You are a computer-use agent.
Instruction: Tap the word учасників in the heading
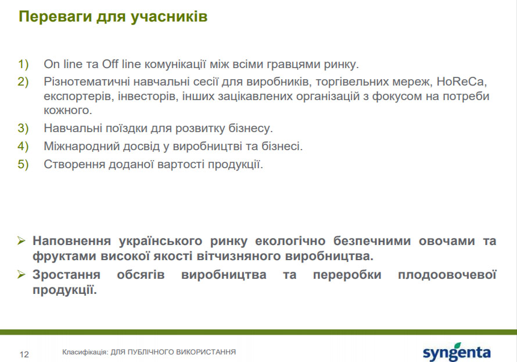click(x=169, y=17)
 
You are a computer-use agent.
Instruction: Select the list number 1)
click(x=23, y=64)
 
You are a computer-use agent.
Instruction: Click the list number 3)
click(x=23, y=128)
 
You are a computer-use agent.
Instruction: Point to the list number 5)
click(x=23, y=164)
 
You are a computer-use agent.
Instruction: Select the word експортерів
click(x=77, y=97)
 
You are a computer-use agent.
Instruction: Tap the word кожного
click(x=68, y=111)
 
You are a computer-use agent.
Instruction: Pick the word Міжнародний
click(x=82, y=146)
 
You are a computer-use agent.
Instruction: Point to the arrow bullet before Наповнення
click(x=21, y=240)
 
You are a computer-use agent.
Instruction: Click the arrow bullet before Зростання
click(x=21, y=274)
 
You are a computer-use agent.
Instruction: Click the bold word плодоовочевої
click(x=447, y=275)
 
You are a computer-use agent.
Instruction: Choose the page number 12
click(x=24, y=354)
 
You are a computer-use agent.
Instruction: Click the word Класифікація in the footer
click(x=85, y=352)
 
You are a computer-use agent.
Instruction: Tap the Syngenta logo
click(x=457, y=352)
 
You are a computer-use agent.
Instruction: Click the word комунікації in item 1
click(x=175, y=64)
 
